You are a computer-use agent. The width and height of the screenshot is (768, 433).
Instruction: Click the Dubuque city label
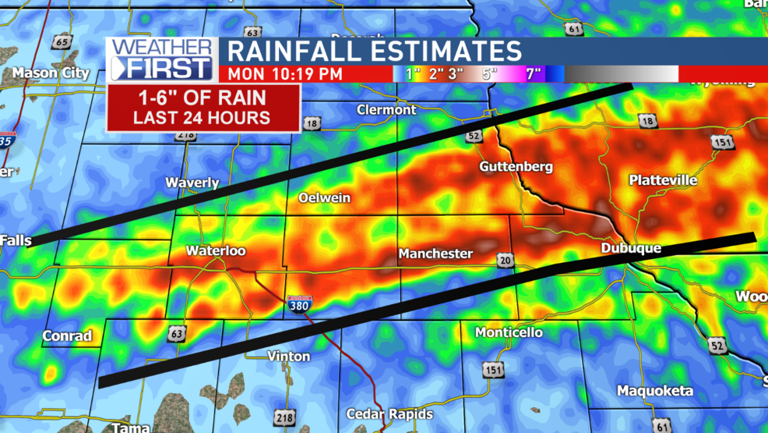tap(631, 248)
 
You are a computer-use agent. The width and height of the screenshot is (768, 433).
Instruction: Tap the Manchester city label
tap(435, 254)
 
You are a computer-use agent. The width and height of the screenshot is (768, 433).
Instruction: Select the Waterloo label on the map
tap(216, 250)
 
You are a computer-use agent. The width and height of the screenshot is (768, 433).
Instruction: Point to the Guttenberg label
tap(516, 166)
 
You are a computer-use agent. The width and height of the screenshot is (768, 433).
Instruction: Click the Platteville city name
tap(663, 180)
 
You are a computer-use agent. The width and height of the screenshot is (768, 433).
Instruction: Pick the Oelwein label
tap(325, 198)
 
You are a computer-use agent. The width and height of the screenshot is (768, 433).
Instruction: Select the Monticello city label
tap(509, 332)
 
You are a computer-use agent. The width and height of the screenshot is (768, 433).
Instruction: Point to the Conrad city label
tap(67, 336)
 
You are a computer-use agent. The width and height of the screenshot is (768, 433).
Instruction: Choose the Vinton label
tap(289, 356)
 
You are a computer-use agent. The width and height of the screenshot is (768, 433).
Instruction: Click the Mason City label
tap(51, 73)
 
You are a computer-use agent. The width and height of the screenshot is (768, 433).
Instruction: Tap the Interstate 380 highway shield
tap(299, 303)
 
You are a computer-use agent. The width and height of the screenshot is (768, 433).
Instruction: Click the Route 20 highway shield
tap(506, 260)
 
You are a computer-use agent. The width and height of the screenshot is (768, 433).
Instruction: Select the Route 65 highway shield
tap(62, 42)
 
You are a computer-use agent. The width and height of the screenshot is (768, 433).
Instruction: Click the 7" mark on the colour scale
tap(533, 74)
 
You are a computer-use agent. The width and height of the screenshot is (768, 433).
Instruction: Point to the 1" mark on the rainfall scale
tap(413, 74)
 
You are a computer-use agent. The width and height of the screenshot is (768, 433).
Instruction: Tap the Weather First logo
tap(161, 59)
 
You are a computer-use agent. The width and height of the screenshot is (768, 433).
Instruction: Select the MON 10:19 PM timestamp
tap(285, 74)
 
